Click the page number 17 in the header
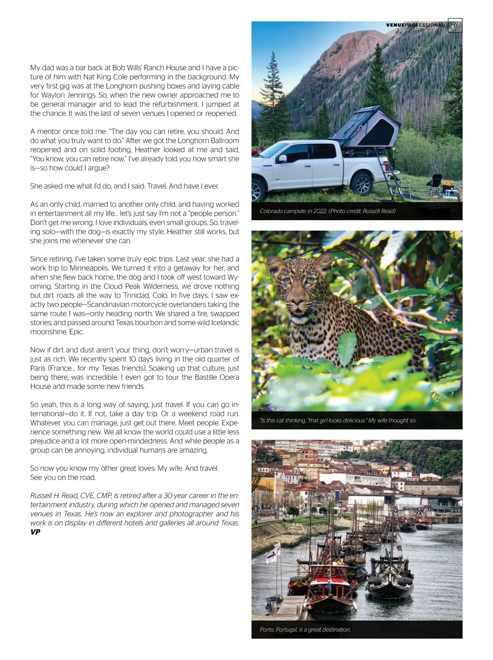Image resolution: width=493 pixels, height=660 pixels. [455, 25]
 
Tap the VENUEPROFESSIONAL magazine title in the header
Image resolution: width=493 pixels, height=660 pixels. [415, 25]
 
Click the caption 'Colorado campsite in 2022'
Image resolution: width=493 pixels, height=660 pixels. [327, 211]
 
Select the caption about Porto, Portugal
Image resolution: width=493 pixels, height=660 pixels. [305, 630]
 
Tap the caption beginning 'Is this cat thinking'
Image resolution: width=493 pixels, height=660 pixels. [338, 420]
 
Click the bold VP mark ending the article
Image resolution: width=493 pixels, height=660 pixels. [35, 532]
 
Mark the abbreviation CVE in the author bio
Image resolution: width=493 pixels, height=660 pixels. [84, 496]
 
